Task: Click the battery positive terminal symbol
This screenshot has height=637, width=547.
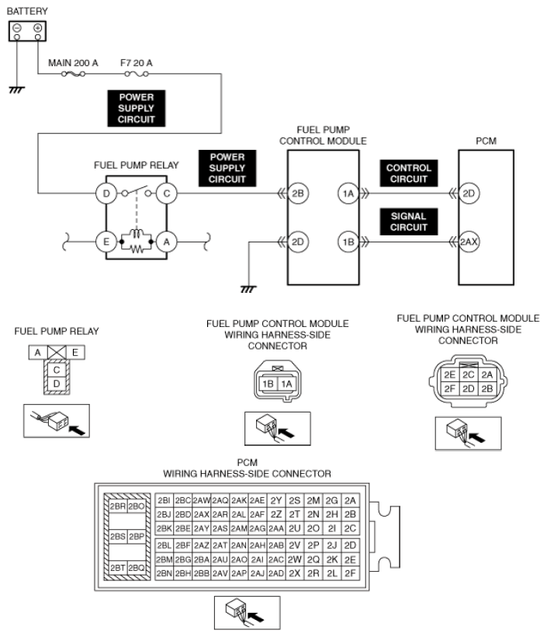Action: click(x=38, y=28)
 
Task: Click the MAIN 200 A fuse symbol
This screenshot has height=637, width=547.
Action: click(x=73, y=74)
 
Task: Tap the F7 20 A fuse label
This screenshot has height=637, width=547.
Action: click(x=137, y=63)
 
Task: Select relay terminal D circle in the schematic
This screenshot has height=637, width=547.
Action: click(x=106, y=193)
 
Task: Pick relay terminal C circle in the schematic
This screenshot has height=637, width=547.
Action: click(x=166, y=193)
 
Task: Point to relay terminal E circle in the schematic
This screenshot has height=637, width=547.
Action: click(x=106, y=242)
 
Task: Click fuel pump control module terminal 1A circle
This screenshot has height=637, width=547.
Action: click(x=348, y=193)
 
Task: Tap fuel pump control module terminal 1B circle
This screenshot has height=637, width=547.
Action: click(x=348, y=242)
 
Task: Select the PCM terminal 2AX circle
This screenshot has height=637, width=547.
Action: click(x=469, y=242)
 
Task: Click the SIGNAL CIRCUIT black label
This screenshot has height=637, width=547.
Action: click(x=409, y=222)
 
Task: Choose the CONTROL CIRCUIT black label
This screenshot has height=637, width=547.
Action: click(x=409, y=173)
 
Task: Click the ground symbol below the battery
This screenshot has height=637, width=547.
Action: click(x=16, y=90)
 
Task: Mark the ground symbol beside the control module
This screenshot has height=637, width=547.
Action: click(x=248, y=289)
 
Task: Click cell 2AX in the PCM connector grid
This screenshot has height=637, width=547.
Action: click(x=201, y=515)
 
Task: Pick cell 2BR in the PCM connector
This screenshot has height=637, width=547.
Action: click(x=118, y=506)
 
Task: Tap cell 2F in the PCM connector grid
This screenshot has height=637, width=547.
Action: click(x=350, y=573)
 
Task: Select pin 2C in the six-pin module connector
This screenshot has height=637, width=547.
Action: click(x=469, y=374)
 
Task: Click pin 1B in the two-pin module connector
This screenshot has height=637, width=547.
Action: click(x=268, y=384)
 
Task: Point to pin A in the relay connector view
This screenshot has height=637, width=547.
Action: click(x=38, y=353)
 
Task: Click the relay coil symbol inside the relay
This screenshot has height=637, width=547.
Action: click(x=137, y=234)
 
